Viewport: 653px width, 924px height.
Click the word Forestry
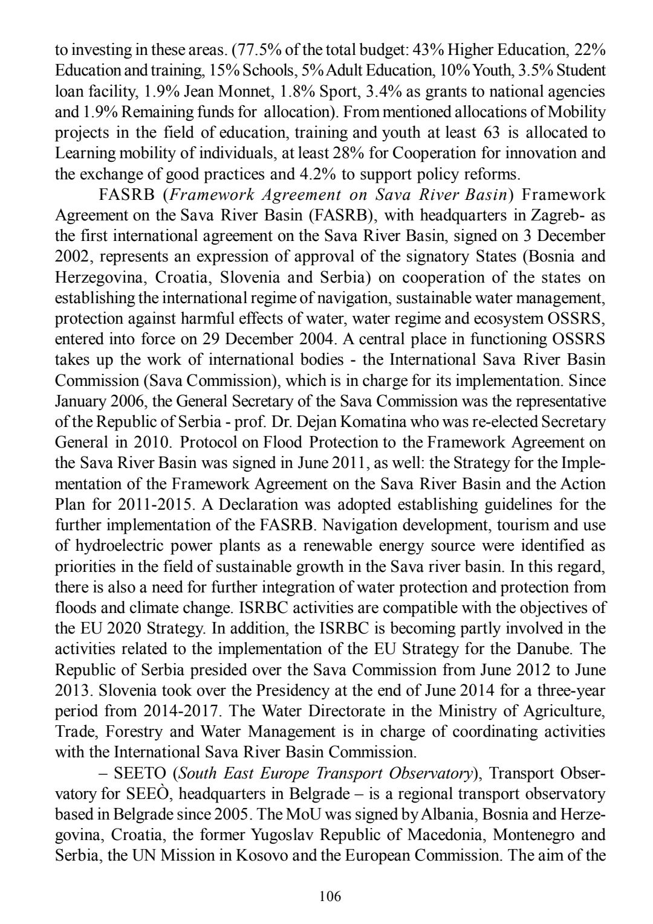(x=135, y=731)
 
